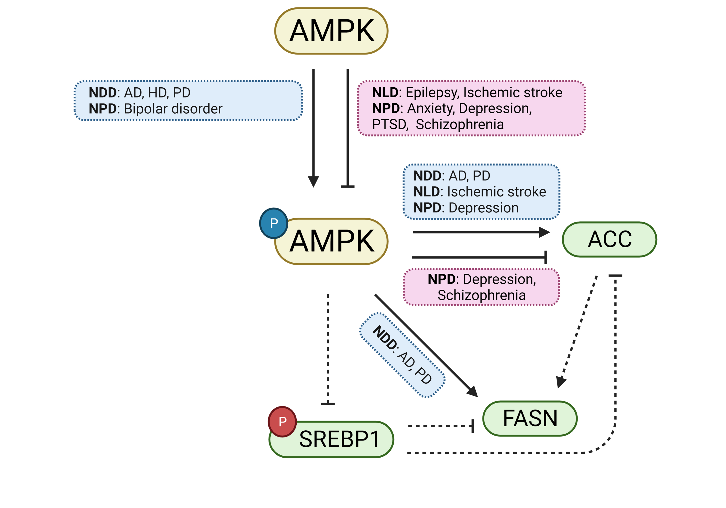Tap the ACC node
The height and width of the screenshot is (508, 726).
tap(609, 239)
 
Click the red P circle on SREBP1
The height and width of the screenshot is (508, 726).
tap(282, 421)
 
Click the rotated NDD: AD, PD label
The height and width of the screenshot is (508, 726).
tap(402, 355)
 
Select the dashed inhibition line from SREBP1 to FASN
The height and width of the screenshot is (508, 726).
tap(439, 426)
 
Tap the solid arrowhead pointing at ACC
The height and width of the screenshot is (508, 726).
tap(544, 232)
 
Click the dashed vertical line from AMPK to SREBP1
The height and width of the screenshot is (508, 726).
tap(328, 348)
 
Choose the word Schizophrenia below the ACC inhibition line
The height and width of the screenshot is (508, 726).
tap(481, 295)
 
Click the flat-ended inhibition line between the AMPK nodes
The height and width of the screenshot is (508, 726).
tap(348, 126)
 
